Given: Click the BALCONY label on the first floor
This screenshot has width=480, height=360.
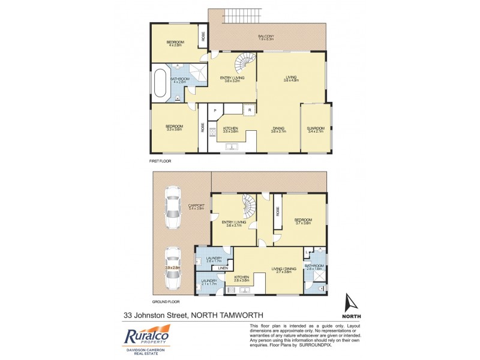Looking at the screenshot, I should click(x=266, y=37).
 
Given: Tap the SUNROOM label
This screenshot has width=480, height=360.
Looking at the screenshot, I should click(x=316, y=128).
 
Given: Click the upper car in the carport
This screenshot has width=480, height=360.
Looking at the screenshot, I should click(x=173, y=208).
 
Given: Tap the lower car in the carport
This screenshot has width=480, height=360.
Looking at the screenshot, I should click(x=173, y=268).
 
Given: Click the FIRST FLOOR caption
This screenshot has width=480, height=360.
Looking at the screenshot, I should click(x=161, y=162).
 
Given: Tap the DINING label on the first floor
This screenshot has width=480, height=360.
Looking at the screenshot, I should click(x=278, y=128).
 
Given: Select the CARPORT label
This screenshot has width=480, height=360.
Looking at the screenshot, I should click(x=197, y=207).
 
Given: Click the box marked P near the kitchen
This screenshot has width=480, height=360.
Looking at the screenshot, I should click(x=214, y=111).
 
